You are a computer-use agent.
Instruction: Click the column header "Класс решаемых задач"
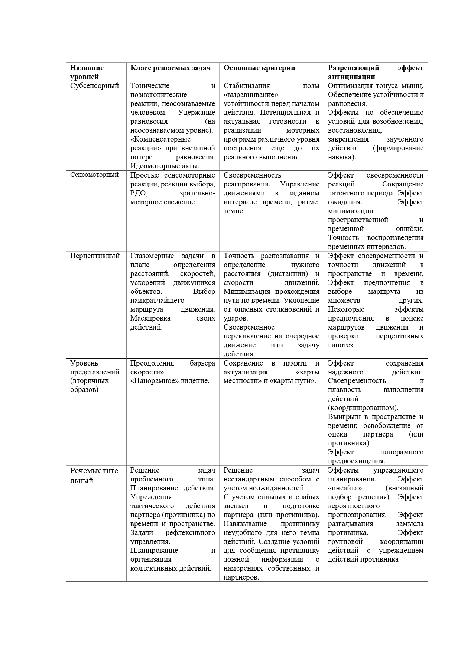pos(171,68)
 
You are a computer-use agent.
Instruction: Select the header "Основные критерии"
pos(259,68)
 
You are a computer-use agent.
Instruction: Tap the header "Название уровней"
pos(87,72)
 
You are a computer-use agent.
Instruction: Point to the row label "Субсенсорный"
pos(94,86)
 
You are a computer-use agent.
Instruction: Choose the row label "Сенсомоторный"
pos(94,175)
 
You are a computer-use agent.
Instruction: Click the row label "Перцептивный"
pos(95,256)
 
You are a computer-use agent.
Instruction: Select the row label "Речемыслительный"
pos(94,476)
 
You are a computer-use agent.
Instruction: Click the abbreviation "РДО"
pos(139,193)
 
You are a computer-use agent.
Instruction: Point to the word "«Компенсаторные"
pos(160,139)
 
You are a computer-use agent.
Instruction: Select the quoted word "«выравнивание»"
pos(251,95)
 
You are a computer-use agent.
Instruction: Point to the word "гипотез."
pos(341,345)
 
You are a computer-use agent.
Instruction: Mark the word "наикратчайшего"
pos(157,301)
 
